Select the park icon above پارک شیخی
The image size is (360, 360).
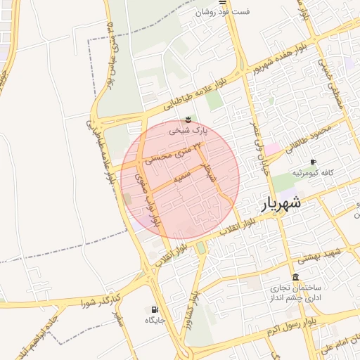coord(188,120)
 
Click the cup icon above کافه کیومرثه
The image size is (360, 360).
coord(313,162)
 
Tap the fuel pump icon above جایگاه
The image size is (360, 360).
coord(154,309)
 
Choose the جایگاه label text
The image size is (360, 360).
coord(154,320)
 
